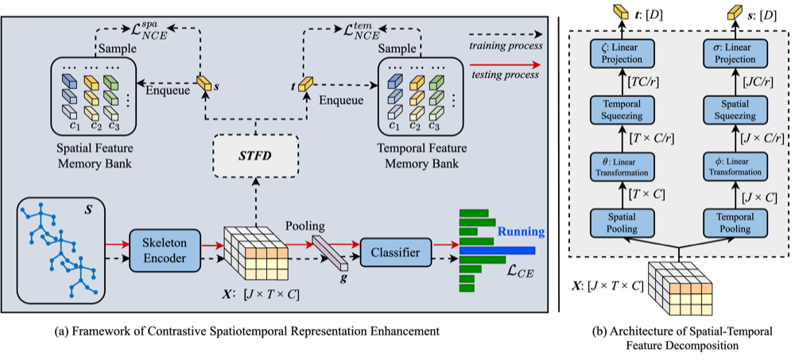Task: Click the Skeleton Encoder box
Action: pyautogui.click(x=166, y=250)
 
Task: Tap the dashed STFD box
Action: pyautogui.click(x=255, y=156)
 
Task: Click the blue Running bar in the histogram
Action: pyautogui.click(x=498, y=250)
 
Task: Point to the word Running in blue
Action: pyautogui.click(x=522, y=233)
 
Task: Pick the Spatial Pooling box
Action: pyautogui.click(x=615, y=223)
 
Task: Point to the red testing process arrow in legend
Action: pyautogui.click(x=505, y=65)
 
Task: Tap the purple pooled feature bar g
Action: pyautogui.click(x=330, y=253)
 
